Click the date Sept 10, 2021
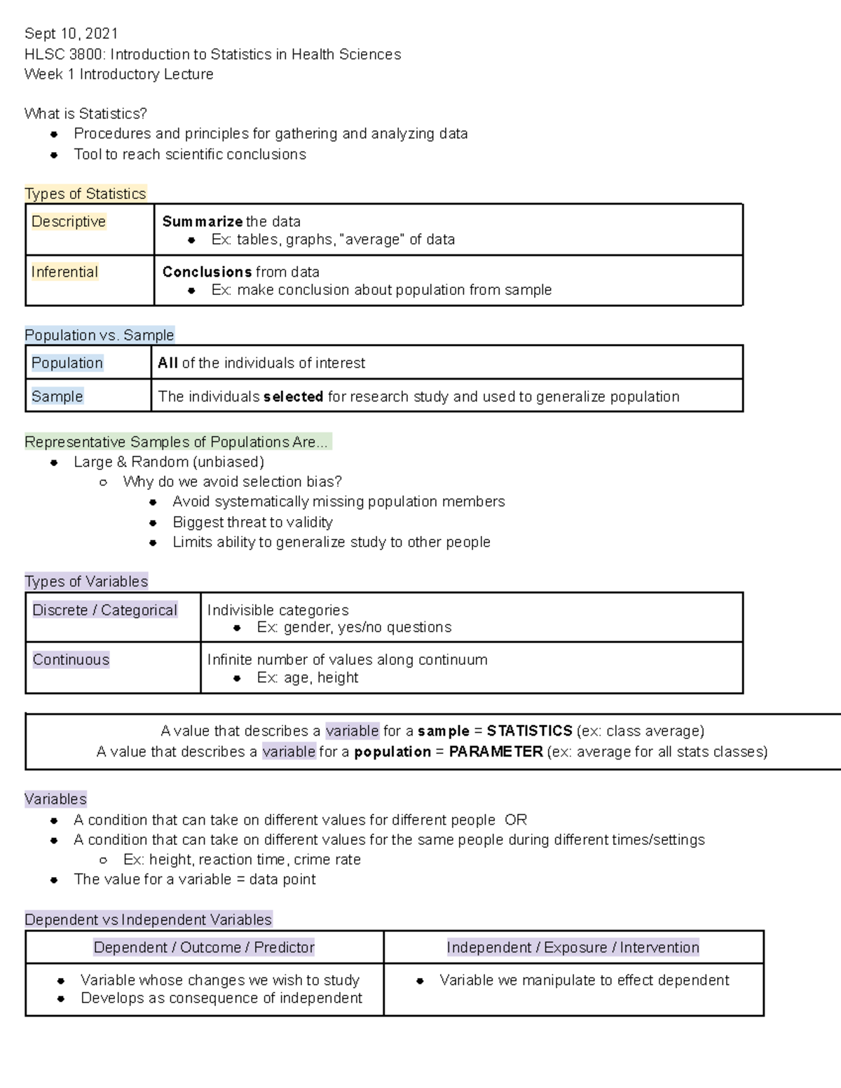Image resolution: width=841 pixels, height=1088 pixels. tap(71, 34)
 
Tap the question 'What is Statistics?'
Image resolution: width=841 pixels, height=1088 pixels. tap(86, 113)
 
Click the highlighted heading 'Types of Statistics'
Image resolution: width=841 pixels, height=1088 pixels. tap(86, 193)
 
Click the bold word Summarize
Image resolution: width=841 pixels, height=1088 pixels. tap(202, 221)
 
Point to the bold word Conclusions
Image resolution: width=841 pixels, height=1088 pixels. tap(207, 272)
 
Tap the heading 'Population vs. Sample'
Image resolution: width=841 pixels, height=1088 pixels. tap(99, 335)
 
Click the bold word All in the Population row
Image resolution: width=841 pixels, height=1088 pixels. tap(167, 363)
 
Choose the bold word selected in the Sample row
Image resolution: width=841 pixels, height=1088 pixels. tap(293, 397)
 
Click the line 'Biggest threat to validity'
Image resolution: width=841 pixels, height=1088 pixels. tap(252, 522)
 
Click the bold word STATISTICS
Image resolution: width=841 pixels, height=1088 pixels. tap(529, 731)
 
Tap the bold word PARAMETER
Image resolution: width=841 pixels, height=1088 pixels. tap(495, 752)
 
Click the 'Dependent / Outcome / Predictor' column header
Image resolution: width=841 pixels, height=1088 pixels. tap(204, 947)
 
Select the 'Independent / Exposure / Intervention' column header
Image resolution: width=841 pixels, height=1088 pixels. tap(573, 947)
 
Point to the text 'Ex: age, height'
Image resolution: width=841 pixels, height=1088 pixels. tap(307, 677)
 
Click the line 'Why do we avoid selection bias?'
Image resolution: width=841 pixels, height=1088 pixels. tap(232, 481)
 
